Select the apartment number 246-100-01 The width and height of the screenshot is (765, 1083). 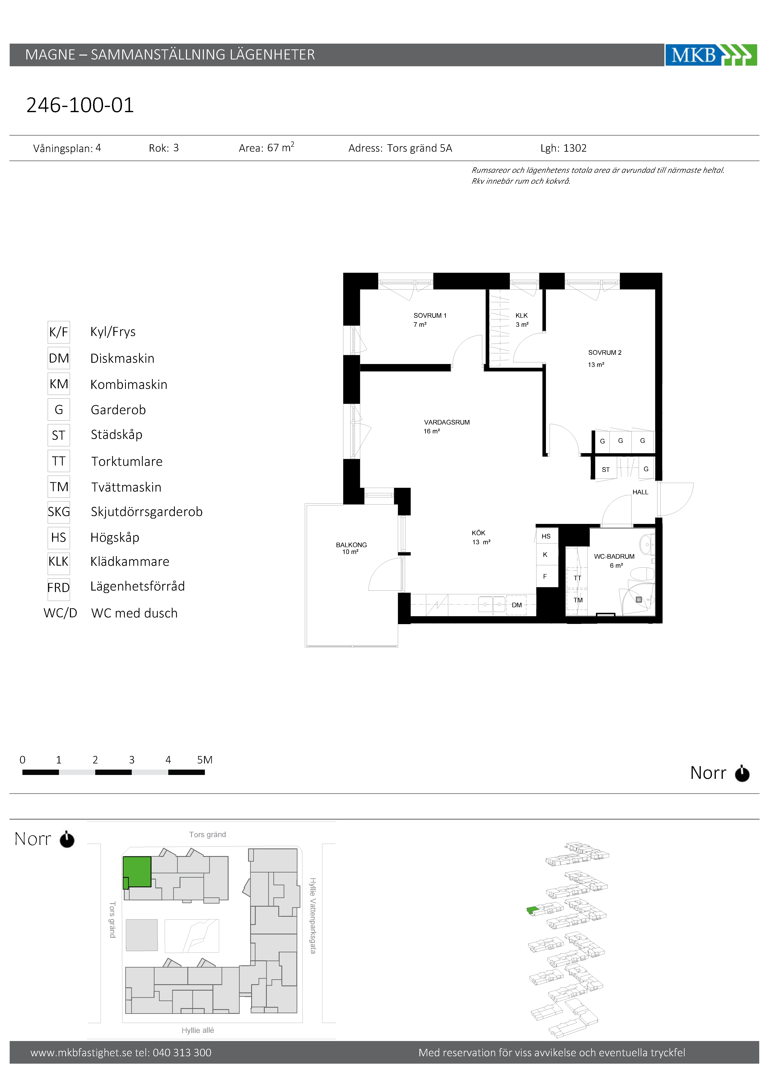[x=80, y=105]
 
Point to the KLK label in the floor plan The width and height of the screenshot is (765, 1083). [x=522, y=316]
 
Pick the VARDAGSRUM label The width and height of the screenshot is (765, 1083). [x=447, y=422]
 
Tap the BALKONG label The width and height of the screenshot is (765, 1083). [x=351, y=545]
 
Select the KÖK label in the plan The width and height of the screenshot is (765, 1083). [x=478, y=533]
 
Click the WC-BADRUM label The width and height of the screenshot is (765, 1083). [x=614, y=557]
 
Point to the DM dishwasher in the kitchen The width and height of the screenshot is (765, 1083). [x=517, y=605]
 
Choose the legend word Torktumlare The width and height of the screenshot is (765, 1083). [x=127, y=461]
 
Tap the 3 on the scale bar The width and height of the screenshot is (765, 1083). [x=132, y=760]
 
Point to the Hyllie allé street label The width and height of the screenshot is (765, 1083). [x=198, y=1030]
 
